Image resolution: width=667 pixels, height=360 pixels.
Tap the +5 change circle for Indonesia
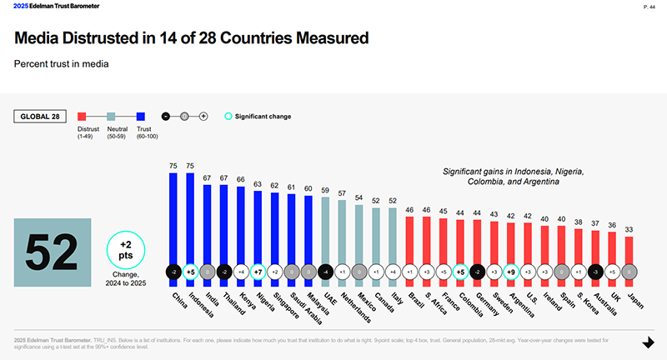click(x=191, y=271)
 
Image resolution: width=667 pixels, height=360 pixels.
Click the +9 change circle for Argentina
click(x=510, y=271)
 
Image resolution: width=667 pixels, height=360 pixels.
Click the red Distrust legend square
click(x=83, y=117)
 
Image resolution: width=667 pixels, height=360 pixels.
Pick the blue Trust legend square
click(x=142, y=117)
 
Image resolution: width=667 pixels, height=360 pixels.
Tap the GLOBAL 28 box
click(x=39, y=117)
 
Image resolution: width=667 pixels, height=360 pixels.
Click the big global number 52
click(x=52, y=249)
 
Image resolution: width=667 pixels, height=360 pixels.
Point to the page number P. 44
click(x=648, y=7)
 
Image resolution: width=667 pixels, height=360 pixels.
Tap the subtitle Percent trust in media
click(x=63, y=63)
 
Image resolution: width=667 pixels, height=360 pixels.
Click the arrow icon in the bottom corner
click(x=648, y=342)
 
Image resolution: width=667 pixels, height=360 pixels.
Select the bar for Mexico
click(x=359, y=232)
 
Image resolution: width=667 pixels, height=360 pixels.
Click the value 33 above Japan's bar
click(x=629, y=230)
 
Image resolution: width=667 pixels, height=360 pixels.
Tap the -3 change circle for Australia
click(x=594, y=271)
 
